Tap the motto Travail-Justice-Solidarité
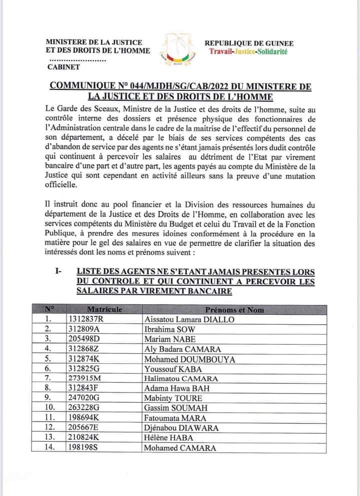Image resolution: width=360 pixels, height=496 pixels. pyautogui.click(x=248, y=52)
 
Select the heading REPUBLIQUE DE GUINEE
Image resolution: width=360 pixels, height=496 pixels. pyautogui.click(x=249, y=44)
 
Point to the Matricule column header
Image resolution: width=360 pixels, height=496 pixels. pyautogui.click(x=104, y=310)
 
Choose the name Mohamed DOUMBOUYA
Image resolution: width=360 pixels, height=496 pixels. pyautogui.click(x=182, y=359)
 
